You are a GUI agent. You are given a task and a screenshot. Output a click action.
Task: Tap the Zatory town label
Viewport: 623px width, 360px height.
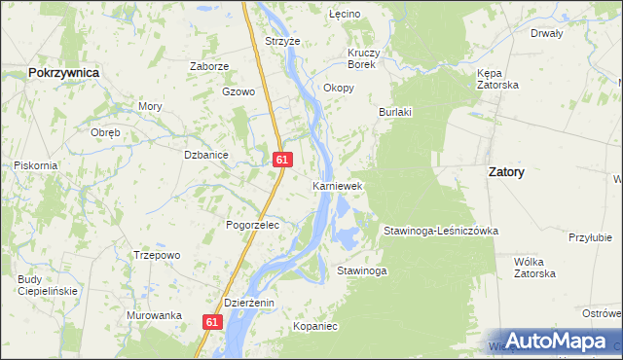click(x=505, y=171)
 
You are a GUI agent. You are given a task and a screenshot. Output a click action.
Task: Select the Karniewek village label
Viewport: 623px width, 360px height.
click(x=337, y=185)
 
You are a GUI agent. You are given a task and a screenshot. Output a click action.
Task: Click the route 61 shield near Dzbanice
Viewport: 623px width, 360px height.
click(x=282, y=159)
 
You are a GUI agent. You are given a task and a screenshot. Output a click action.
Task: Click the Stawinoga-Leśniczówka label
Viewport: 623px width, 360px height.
click(x=440, y=231)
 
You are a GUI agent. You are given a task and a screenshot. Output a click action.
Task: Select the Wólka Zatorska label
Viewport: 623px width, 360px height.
click(x=534, y=268)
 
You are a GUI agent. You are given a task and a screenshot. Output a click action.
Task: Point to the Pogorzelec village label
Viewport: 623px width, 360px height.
click(x=252, y=225)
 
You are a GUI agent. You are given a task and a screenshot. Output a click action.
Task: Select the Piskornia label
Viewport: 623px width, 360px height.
click(x=36, y=165)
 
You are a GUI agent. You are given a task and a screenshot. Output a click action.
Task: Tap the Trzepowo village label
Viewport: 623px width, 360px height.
click(x=158, y=255)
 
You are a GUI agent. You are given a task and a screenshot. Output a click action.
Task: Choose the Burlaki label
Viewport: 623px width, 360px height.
click(x=395, y=112)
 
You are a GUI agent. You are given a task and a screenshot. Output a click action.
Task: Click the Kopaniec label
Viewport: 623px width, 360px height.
click(x=314, y=327)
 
